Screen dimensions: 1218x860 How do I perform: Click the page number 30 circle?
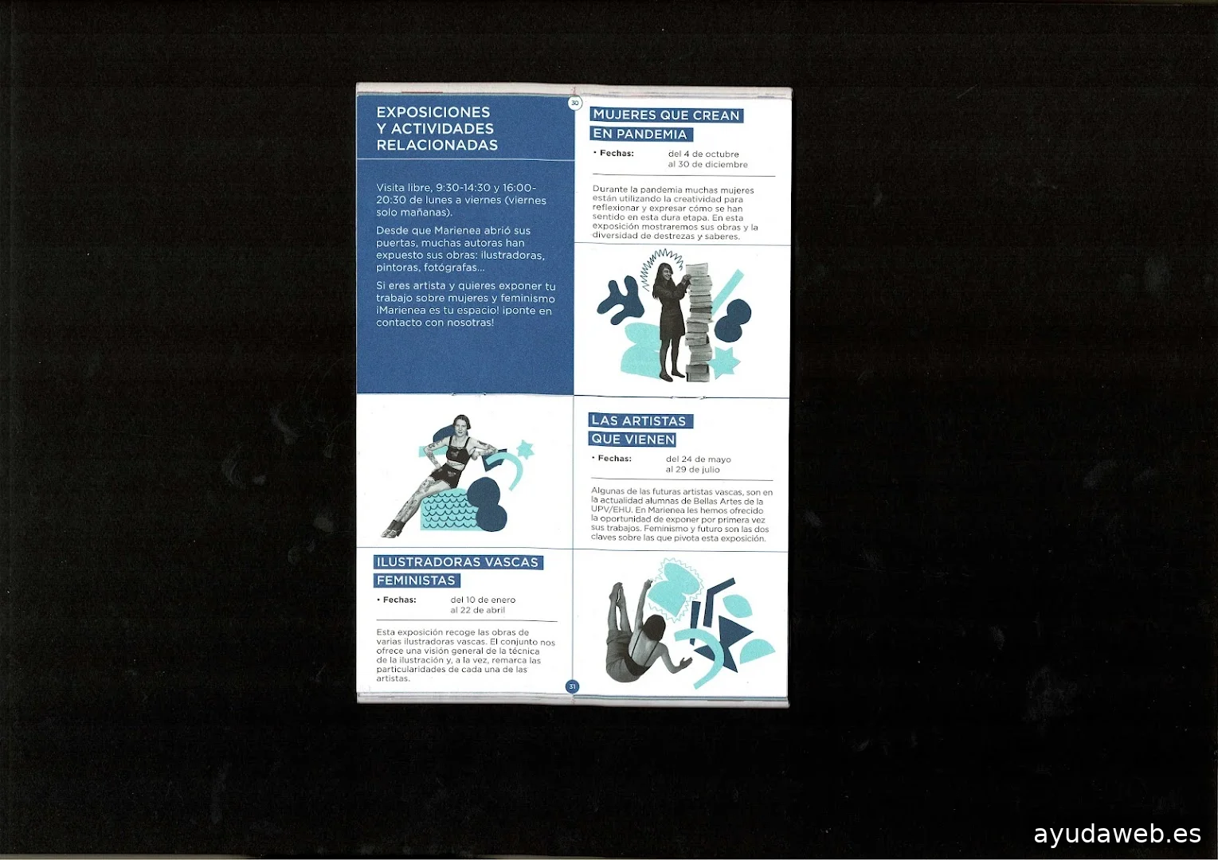pyautogui.click(x=574, y=103)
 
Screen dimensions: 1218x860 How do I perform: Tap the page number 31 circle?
pyautogui.click(x=572, y=686)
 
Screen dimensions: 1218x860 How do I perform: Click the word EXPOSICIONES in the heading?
pyautogui.click(x=433, y=112)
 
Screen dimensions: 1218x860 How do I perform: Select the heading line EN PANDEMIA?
pyautogui.click(x=640, y=134)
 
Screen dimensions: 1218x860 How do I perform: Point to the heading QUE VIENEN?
pyautogui.click(x=633, y=440)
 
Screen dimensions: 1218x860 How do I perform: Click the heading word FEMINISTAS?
pyautogui.click(x=416, y=580)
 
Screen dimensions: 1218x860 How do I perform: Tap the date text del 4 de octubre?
pyautogui.click(x=703, y=154)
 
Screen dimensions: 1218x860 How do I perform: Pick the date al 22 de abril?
pyautogui.click(x=477, y=610)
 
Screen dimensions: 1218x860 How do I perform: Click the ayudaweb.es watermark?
pyautogui.click(x=1117, y=834)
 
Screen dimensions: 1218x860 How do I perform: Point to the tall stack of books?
pyautogui.click(x=698, y=322)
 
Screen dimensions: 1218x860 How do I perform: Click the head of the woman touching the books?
pyautogui.click(x=665, y=272)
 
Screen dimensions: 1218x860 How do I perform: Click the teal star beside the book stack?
pyautogui.click(x=725, y=361)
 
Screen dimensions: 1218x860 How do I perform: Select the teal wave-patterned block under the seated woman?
pyautogui.click(x=448, y=510)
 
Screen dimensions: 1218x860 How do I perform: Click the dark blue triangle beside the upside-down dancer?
pyautogui.click(x=732, y=631)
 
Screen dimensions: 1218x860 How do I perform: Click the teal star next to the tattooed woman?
pyautogui.click(x=525, y=449)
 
